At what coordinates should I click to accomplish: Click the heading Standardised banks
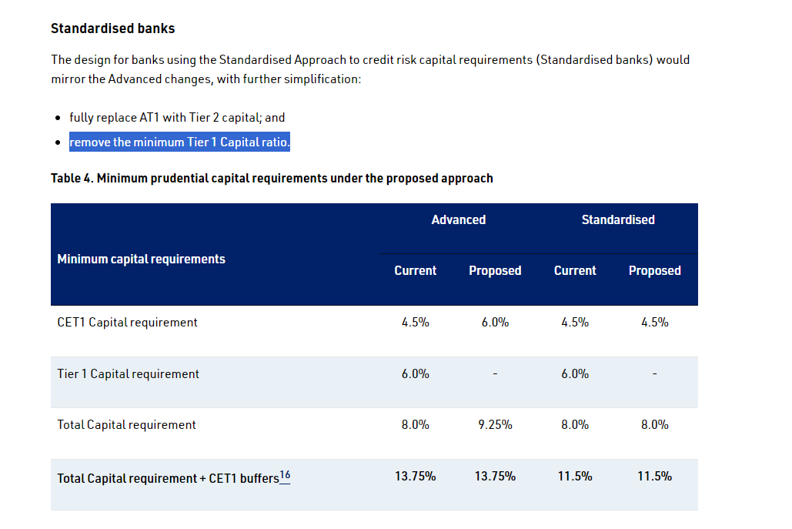click(112, 28)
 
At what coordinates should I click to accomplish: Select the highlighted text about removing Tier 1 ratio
click(179, 142)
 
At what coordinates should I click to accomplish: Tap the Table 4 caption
click(272, 178)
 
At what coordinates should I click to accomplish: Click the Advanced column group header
click(458, 219)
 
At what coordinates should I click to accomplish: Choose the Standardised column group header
click(618, 219)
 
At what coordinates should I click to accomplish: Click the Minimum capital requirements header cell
click(141, 259)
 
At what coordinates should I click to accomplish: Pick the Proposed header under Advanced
click(495, 270)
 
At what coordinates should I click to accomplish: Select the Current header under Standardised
click(575, 270)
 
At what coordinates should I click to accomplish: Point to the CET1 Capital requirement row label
click(127, 322)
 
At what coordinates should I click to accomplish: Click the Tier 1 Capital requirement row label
click(128, 373)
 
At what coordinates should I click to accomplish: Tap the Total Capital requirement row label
click(126, 424)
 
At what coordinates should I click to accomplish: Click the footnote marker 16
click(285, 475)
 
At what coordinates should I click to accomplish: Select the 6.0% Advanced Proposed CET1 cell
click(495, 322)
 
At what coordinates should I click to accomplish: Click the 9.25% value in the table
click(495, 424)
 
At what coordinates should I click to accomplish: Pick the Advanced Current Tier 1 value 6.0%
click(415, 373)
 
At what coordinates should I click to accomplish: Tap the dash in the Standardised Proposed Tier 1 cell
click(654, 374)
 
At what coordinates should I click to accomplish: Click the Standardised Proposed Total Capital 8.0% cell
click(654, 424)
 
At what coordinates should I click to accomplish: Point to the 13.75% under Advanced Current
click(415, 476)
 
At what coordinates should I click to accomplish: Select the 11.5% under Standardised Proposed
click(654, 476)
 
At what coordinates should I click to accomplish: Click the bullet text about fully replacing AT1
click(177, 118)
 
